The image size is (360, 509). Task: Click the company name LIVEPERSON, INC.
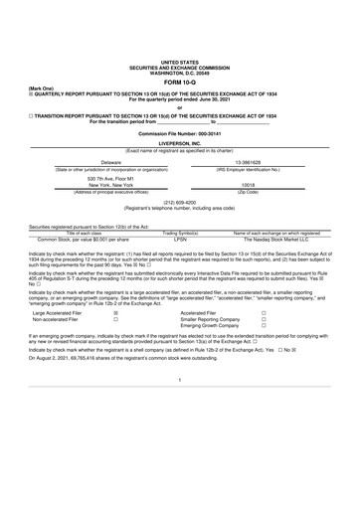(179, 143)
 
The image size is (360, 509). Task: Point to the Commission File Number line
(179, 132)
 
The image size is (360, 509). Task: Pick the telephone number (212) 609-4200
(179, 202)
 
